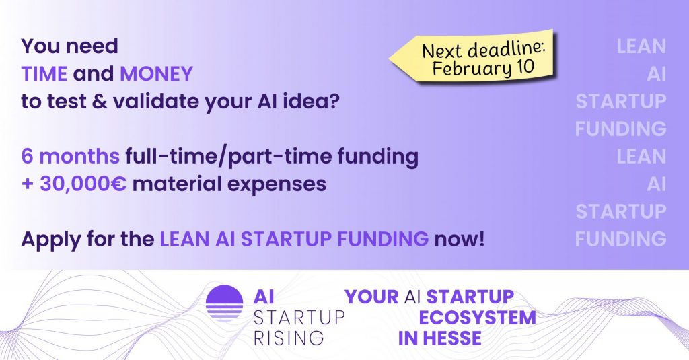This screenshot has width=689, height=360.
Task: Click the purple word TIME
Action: click(x=44, y=74)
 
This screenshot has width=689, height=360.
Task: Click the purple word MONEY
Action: click(x=156, y=74)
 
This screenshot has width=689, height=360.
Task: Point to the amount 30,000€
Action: click(x=83, y=184)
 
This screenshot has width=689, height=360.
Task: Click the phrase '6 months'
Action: click(x=70, y=156)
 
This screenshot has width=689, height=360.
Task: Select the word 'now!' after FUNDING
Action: click(x=459, y=240)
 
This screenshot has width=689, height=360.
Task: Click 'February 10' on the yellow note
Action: click(x=483, y=68)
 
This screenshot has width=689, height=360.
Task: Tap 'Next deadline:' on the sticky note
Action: click(x=483, y=49)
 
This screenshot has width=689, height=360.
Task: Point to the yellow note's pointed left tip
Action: click(x=390, y=58)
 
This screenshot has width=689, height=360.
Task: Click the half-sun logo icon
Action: click(x=224, y=303)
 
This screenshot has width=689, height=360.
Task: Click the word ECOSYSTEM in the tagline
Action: click(x=477, y=318)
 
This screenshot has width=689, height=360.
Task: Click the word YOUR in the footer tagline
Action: click(x=371, y=297)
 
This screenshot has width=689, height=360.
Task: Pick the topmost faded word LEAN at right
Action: click(x=641, y=46)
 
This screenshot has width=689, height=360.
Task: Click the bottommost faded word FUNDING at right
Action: click(x=620, y=239)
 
